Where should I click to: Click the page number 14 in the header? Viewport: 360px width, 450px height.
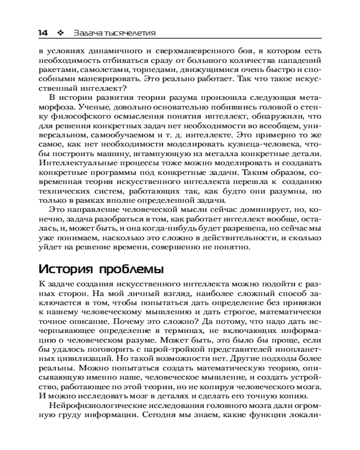43,33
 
